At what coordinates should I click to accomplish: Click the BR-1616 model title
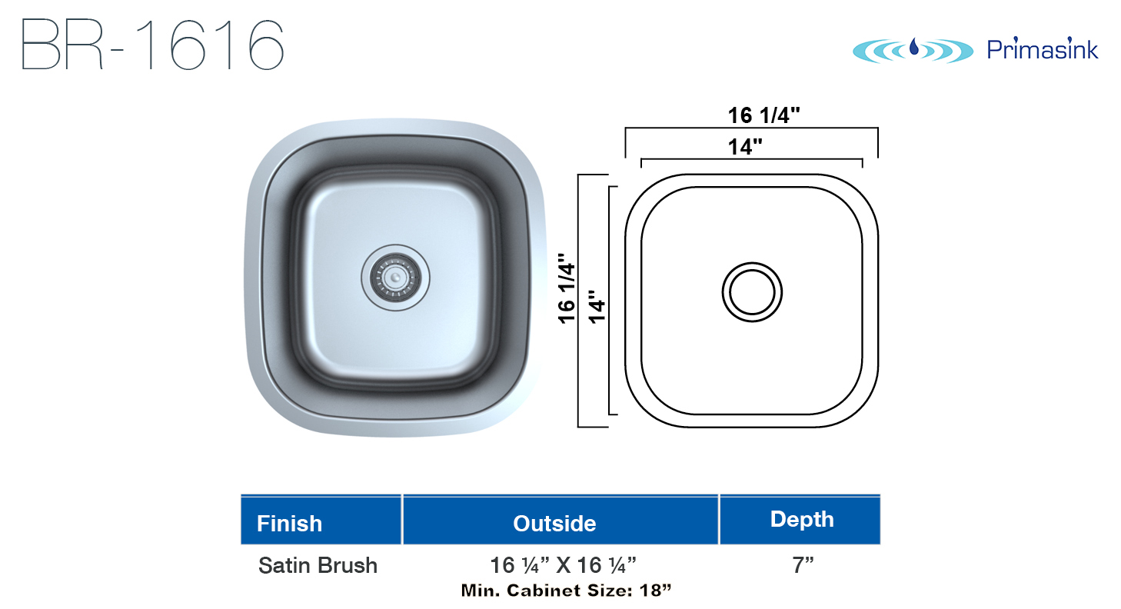(x=153, y=45)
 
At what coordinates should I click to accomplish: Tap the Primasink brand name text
(x=1043, y=49)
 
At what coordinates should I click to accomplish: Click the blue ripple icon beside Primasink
(x=913, y=51)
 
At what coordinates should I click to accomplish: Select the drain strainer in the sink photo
(x=395, y=278)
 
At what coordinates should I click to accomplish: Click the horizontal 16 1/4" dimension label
(x=763, y=115)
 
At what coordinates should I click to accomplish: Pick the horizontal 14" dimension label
(x=745, y=147)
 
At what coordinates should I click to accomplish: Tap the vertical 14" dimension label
(x=597, y=306)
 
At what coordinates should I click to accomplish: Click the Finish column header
(x=289, y=524)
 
